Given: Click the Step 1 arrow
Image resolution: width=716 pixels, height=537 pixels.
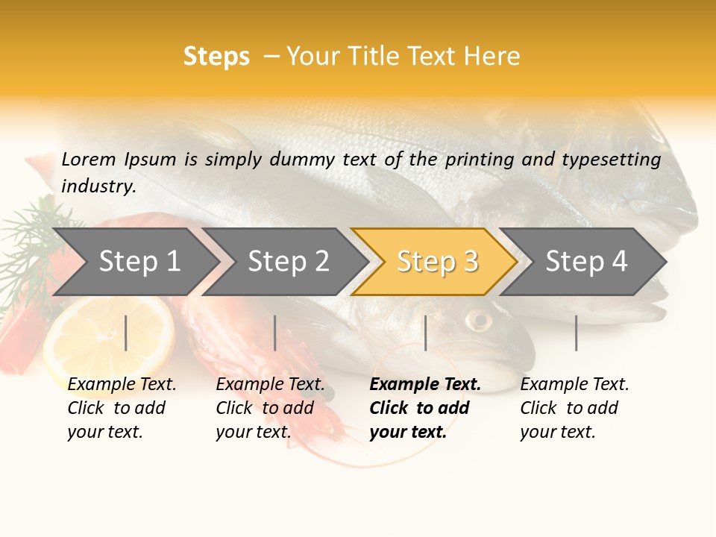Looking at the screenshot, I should pos(138,262).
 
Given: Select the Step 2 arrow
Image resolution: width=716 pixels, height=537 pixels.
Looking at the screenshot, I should pos(287,262).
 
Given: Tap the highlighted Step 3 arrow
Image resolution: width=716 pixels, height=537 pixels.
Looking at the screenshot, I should pos(436,262).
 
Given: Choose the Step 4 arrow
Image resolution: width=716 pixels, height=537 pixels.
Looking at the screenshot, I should pos(585,262).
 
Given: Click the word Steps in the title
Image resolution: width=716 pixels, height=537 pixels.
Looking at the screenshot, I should pos(216,57).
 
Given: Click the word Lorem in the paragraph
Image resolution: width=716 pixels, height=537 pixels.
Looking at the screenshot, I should pos(88,159).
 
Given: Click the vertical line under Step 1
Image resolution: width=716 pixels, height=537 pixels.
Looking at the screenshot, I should pos(126,333).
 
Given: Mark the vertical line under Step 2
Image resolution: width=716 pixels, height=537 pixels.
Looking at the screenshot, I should pos(275,333).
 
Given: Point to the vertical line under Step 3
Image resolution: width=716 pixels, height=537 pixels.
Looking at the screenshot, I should pos(425,333).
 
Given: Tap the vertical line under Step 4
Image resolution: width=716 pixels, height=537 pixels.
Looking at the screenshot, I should pos(576,333).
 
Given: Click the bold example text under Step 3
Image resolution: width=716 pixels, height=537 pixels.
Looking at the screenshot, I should pos(424,408).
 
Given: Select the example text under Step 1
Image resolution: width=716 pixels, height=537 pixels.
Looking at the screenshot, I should pos(121,408).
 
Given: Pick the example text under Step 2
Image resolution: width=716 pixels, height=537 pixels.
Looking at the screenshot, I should pos(269,408).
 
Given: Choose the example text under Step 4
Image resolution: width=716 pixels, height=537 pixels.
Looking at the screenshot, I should pos(574,408).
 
